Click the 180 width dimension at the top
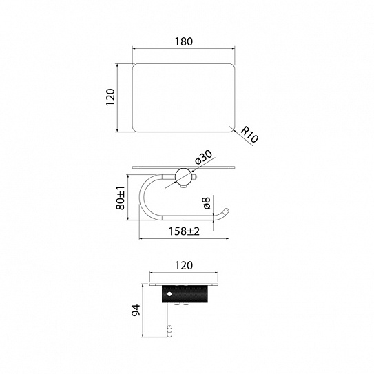pyautogui.click(x=184, y=41)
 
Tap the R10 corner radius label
pyautogui.click(x=249, y=135)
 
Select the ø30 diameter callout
pyautogui.click(x=203, y=157)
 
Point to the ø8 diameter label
pyautogui.click(x=207, y=203)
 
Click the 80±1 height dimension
pyautogui.click(x=121, y=198)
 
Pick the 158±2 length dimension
pyautogui.click(x=184, y=231)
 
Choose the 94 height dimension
pyautogui.click(x=136, y=310)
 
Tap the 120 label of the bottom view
pyautogui.click(x=184, y=265)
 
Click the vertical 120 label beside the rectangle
pyautogui.click(x=110, y=97)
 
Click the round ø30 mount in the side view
pyautogui.click(x=183, y=176)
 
